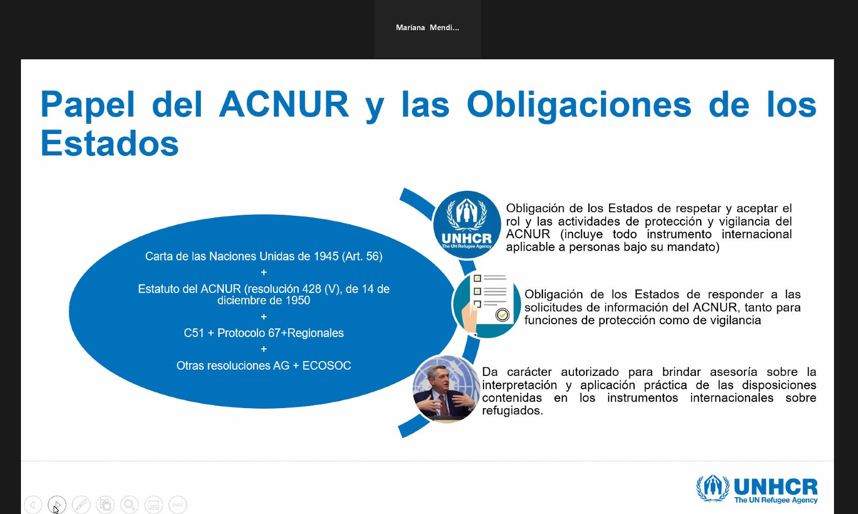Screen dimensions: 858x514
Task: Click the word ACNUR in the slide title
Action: point(284,104)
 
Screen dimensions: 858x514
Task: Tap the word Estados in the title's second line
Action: point(109,143)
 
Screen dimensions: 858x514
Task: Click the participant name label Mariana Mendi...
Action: point(428,28)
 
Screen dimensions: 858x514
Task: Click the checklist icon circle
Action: point(487,304)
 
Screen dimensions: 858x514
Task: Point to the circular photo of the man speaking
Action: point(446,389)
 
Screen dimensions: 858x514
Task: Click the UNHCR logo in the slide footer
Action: point(757,489)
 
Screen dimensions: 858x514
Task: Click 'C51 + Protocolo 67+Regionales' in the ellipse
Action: point(264,333)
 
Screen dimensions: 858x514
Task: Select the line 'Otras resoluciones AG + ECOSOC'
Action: point(264,365)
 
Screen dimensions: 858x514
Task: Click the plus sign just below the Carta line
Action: point(264,273)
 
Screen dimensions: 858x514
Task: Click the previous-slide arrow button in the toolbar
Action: point(33,505)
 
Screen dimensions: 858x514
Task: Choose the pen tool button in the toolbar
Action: point(81,505)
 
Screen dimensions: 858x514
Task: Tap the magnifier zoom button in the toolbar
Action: point(129,505)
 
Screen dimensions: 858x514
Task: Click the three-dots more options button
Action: point(178,505)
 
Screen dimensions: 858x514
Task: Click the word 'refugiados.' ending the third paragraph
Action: point(513,411)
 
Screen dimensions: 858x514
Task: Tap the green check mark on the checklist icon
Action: point(502,315)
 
